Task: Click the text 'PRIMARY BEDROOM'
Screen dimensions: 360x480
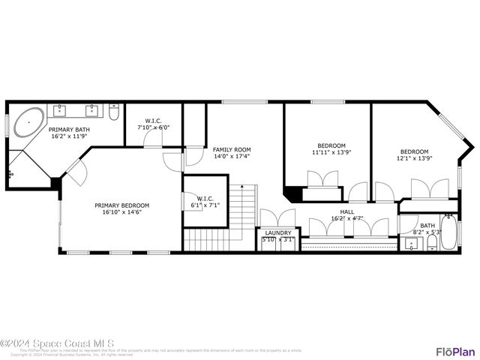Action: (x=121, y=205)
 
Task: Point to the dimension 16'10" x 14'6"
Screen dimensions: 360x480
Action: (x=121, y=212)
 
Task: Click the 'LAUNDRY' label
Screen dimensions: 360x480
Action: (x=278, y=233)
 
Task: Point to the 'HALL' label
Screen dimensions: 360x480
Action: (x=347, y=212)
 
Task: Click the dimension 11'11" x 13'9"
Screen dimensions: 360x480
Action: (x=331, y=152)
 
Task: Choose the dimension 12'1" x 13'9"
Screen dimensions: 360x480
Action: (x=413, y=158)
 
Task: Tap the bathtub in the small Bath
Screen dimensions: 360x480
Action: (x=448, y=232)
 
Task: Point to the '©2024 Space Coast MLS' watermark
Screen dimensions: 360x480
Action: (x=58, y=343)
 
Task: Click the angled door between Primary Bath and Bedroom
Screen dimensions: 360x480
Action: (x=76, y=172)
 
